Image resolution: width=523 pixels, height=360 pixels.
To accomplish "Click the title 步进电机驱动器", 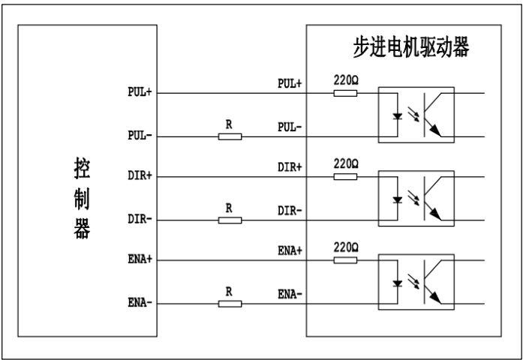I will tap(411, 48).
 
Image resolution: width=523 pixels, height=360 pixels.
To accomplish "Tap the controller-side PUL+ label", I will tap(140, 94).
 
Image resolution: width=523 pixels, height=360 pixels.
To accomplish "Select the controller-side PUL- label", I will tap(140, 136).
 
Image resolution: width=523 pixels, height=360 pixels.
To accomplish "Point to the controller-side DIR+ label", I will tap(140, 177).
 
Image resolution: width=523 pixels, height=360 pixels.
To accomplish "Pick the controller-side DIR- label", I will tap(140, 220).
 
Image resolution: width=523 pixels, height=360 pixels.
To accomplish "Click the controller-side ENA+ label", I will tap(140, 260).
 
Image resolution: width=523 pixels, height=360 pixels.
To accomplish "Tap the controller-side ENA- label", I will tap(140, 304).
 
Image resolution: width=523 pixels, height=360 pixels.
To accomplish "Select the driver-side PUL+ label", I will tap(290, 83).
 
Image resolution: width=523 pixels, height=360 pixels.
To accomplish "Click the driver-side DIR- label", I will tap(290, 210).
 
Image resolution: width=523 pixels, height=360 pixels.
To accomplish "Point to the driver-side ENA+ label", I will tap(290, 250).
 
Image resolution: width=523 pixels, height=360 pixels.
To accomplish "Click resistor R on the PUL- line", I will tap(230, 136).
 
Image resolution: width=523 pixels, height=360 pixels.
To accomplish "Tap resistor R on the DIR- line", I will tap(230, 220).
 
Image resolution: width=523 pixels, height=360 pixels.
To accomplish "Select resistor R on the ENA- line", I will tap(230, 304).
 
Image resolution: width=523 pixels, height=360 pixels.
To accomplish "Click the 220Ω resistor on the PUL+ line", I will tap(345, 93).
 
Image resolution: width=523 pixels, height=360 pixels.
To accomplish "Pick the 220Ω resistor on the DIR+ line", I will tap(345, 177).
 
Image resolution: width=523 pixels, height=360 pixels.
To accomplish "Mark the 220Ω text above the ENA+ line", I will tap(345, 247).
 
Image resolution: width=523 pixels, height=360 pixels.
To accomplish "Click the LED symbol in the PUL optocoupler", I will tap(398, 115).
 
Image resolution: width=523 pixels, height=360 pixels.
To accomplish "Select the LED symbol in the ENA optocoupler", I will tap(398, 282).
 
